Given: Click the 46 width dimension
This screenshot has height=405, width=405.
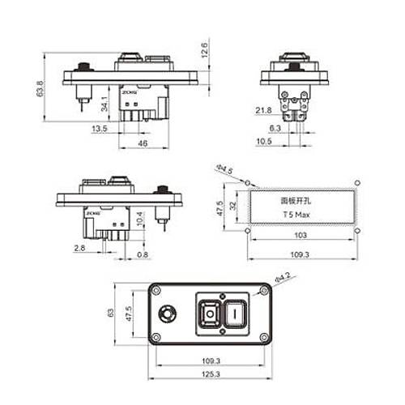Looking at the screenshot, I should (x=143, y=143).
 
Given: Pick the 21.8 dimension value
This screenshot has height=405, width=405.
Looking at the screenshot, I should (x=263, y=110).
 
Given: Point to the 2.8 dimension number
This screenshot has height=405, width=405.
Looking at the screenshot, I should (x=80, y=247).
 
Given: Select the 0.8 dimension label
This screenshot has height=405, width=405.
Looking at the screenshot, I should (x=143, y=255).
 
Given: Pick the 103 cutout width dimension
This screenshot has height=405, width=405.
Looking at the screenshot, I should (x=301, y=235).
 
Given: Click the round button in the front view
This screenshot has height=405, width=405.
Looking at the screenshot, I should (x=169, y=312).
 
